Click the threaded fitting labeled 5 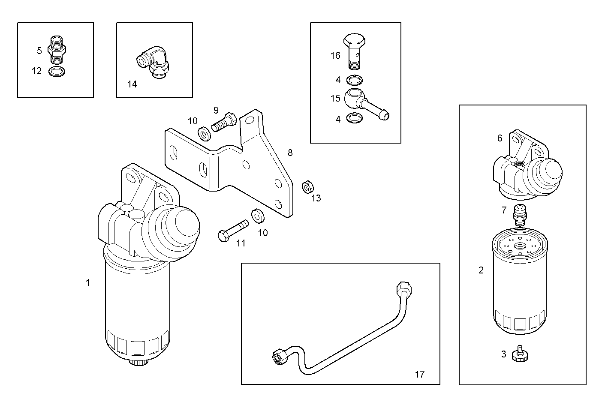[57, 50]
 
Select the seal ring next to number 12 [57, 71]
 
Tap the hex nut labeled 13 [307, 187]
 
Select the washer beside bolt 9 [204, 134]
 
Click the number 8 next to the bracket [290, 153]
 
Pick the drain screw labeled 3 [520, 354]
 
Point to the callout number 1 [88, 283]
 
